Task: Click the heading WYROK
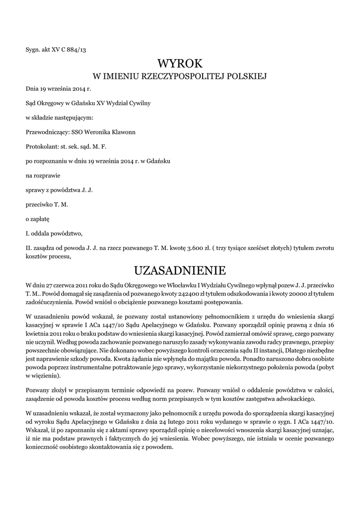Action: click(x=180, y=63)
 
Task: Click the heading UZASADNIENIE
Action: click(x=180, y=270)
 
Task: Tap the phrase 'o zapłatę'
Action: click(x=38, y=218)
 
